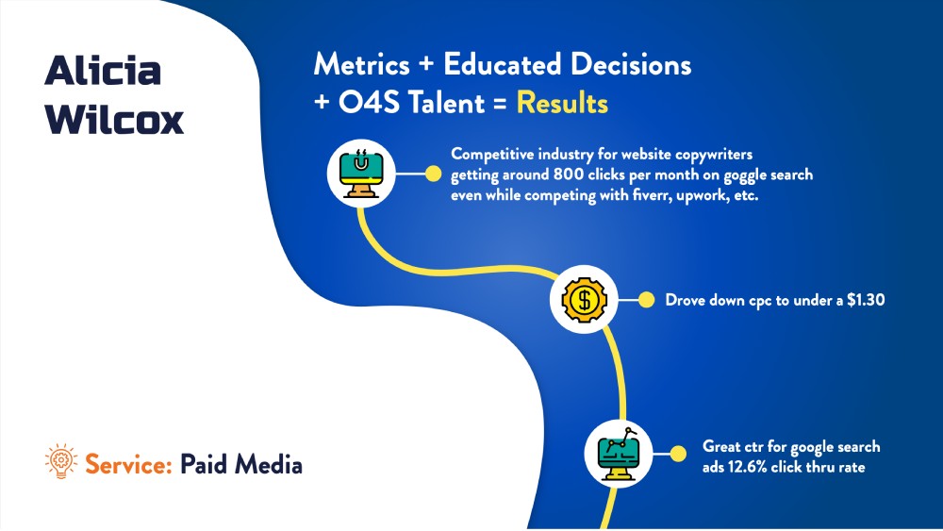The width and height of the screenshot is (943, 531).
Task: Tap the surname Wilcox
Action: click(114, 120)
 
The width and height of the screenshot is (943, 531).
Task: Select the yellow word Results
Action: click(562, 102)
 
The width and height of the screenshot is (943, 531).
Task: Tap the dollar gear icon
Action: click(584, 300)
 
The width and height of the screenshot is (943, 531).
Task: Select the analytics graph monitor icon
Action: click(619, 452)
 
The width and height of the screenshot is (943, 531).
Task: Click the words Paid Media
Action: click(241, 464)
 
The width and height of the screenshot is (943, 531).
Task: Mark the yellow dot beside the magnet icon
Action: click(434, 174)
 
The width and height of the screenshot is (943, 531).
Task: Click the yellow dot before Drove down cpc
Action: click(646, 300)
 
